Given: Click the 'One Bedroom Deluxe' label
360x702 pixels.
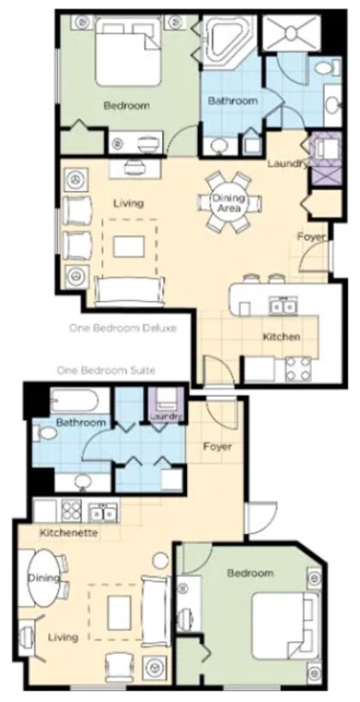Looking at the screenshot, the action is (x=123, y=328).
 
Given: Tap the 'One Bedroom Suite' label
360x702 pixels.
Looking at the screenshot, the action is (x=106, y=370).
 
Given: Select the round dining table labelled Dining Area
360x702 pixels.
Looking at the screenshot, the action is (x=228, y=203).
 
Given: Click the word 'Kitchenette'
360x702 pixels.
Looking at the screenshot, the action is (x=69, y=533).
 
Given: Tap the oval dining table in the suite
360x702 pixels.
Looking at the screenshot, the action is (x=44, y=577).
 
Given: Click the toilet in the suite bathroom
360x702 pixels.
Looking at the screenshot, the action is (x=45, y=434).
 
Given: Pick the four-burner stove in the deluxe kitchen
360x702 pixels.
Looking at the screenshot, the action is (x=298, y=369).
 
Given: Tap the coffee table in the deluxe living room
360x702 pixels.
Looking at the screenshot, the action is (x=129, y=246).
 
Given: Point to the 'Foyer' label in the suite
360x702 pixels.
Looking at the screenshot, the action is (x=217, y=447).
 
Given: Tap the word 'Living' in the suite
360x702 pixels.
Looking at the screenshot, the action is (x=63, y=638).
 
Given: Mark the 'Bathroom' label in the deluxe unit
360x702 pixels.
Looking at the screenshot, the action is (x=233, y=101).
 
